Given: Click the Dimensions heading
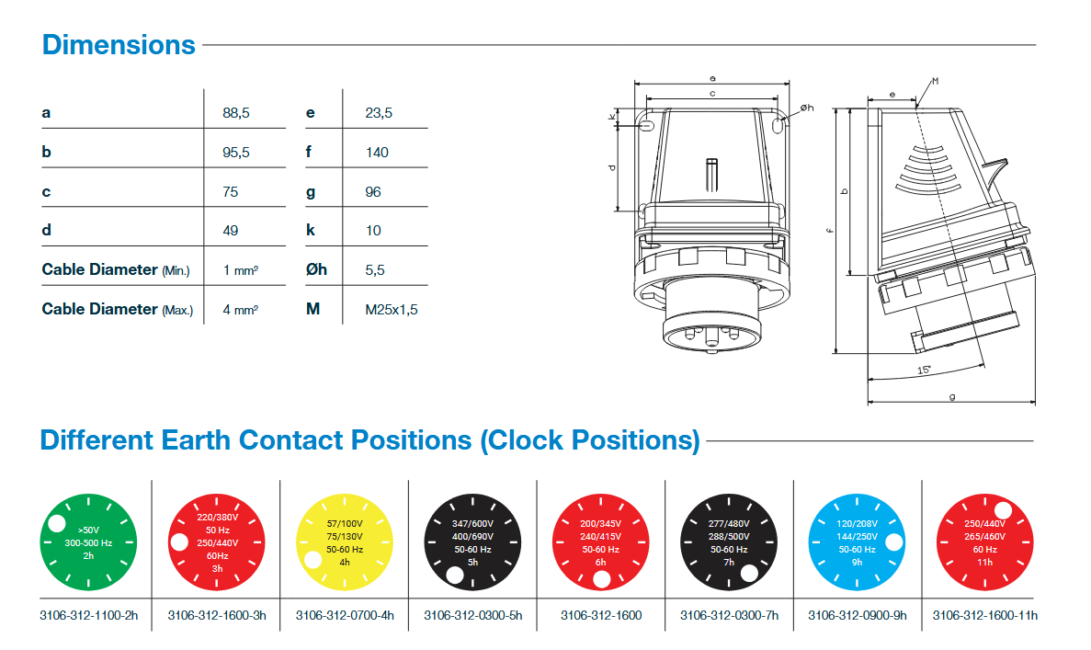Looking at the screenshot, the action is coord(119,44).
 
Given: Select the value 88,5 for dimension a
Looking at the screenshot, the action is coord(236,113).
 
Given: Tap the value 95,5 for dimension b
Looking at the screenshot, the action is coord(236,153).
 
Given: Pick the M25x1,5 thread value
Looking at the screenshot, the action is coord(391,310).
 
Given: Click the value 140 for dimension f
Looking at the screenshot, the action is coord(377,153).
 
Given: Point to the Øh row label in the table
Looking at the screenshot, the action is coord(316,269).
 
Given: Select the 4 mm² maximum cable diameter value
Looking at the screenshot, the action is coord(240,310).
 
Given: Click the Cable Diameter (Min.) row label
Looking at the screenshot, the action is coord(116,270).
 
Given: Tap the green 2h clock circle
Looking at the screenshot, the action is coord(88,542).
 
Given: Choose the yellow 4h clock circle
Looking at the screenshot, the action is coord(345,542).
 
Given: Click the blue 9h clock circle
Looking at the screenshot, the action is coord(857,542).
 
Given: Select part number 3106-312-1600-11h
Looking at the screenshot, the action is coord(984,615).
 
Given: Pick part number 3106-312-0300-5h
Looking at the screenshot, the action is coord(472,615).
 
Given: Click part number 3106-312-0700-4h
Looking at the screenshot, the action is coord(345,615).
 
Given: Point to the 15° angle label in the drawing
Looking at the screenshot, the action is coord(924,371).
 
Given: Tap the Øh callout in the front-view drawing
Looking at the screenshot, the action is coord(806,108).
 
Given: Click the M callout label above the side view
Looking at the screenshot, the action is coord(935,82).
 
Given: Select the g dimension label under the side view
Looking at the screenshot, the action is coord(952,396).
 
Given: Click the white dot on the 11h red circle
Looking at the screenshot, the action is coord(1003,510).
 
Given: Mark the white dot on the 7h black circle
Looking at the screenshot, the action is coord(749,573).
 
